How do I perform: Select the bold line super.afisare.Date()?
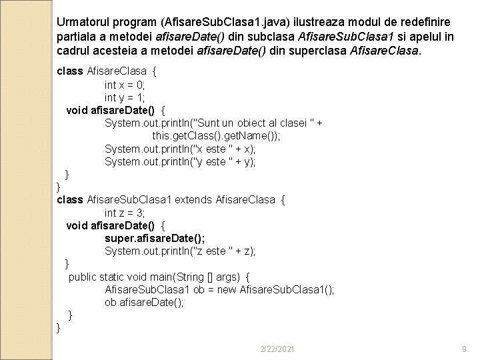(x=155, y=239)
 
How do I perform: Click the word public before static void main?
(x=84, y=277)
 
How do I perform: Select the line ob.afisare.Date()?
(x=144, y=302)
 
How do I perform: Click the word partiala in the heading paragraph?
(x=76, y=35)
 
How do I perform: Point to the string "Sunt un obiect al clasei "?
(x=254, y=123)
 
